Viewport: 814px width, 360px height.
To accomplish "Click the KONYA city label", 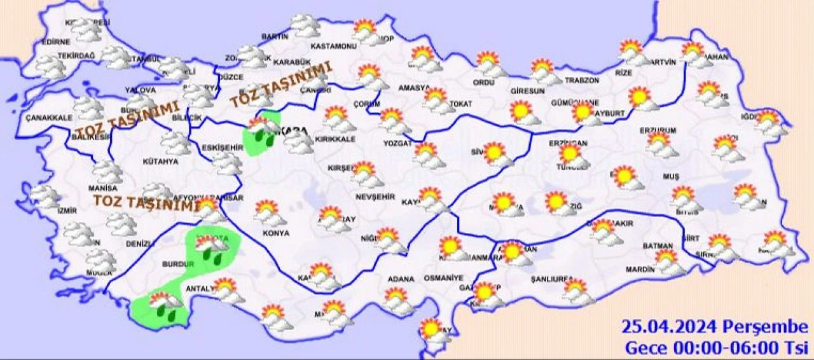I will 275,233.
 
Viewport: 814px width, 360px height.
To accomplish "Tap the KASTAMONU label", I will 333,46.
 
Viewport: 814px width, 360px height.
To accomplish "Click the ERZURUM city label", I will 657,130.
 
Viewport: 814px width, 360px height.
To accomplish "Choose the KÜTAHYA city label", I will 160,162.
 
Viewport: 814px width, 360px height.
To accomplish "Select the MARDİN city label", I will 640,269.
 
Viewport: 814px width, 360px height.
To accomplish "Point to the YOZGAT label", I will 397,144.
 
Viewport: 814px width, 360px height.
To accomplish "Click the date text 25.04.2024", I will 670,328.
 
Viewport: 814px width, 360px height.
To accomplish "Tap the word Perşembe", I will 766,328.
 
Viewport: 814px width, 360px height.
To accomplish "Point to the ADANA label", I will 401,279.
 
